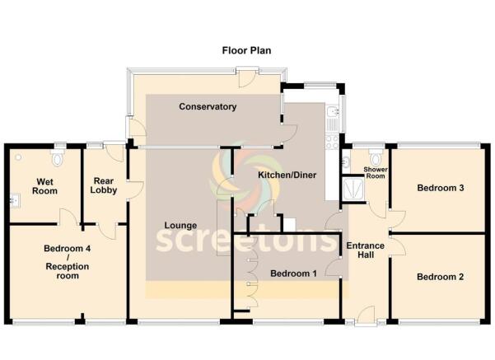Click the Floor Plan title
click(246, 50)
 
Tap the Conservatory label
click(208, 107)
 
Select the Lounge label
click(180, 226)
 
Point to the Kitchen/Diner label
click(287, 175)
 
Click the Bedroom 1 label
click(293, 274)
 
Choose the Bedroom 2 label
click(441, 277)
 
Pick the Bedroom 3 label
click(441, 188)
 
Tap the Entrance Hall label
click(366, 250)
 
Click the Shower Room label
click(376, 172)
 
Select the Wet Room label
click(44, 186)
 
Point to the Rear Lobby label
click(104, 185)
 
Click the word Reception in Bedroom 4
click(68, 267)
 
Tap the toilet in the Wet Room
click(57, 157)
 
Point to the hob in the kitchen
click(333, 142)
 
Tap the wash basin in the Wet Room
click(15, 200)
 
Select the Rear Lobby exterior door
click(114, 152)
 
